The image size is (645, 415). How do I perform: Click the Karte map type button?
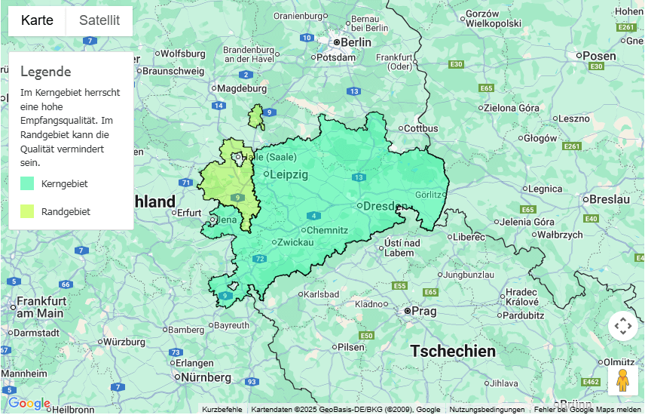(37, 20)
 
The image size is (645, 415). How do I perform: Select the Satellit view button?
(99, 20)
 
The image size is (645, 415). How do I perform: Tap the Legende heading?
(45, 72)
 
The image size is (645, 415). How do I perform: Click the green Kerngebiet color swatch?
(27, 183)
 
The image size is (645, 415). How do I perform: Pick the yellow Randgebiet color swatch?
(27, 211)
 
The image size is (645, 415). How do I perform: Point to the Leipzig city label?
(289, 174)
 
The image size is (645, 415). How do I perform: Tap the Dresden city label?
(385, 206)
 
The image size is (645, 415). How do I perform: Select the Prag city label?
(424, 311)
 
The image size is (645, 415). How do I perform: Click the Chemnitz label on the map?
(327, 230)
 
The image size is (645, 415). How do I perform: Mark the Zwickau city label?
(295, 242)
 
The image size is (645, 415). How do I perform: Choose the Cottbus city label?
(420, 128)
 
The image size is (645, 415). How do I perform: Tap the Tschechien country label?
(453, 351)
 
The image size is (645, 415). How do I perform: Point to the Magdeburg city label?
(242, 88)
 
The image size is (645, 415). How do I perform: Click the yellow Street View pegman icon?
(622, 381)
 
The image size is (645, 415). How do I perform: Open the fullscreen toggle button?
(622, 326)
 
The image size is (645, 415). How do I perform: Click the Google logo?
(29, 404)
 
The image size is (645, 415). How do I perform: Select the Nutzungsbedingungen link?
(487, 410)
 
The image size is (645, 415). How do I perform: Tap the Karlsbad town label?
(321, 294)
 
